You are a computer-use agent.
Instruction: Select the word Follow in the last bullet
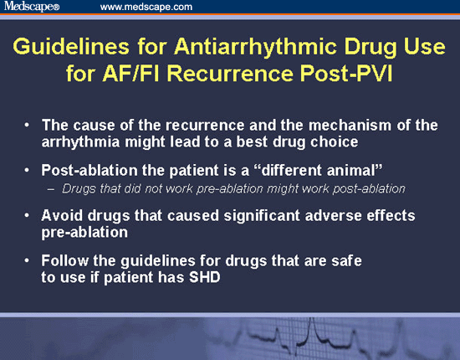65,263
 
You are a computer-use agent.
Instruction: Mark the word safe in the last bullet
347,263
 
